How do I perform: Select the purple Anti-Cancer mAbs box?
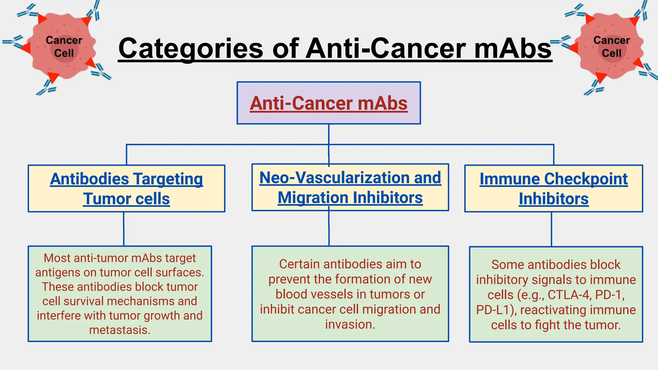click(x=329, y=103)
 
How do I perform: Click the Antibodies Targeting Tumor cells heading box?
click(x=126, y=189)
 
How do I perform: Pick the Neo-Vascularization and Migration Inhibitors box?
click(x=350, y=187)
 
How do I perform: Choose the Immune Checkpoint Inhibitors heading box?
click(x=554, y=189)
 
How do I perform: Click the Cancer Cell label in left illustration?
click(x=64, y=47)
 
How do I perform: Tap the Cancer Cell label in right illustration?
click(x=611, y=47)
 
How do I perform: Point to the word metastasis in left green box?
click(x=119, y=330)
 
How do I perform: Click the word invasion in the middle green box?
click(x=350, y=324)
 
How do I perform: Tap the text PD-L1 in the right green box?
click(x=493, y=310)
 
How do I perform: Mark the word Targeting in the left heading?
click(x=168, y=179)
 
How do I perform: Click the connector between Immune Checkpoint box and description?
click(x=552, y=229)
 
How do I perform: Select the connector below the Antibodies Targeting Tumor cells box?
click(x=124, y=229)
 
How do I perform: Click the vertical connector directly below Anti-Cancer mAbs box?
click(x=329, y=134)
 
